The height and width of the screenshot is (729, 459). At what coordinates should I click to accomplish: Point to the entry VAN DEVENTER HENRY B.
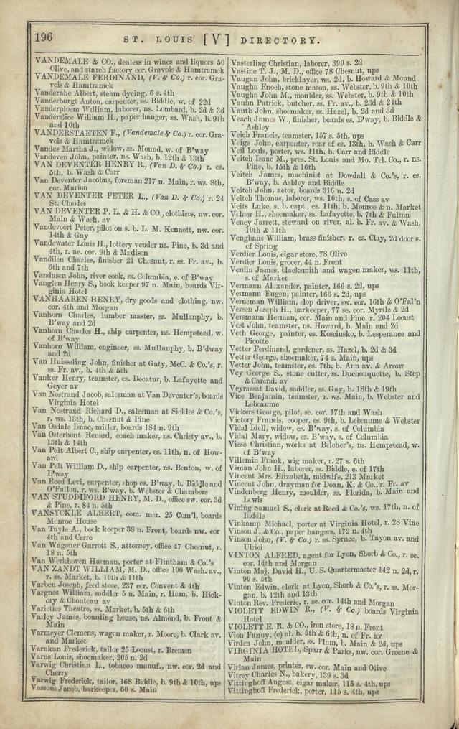coord(84,164)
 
